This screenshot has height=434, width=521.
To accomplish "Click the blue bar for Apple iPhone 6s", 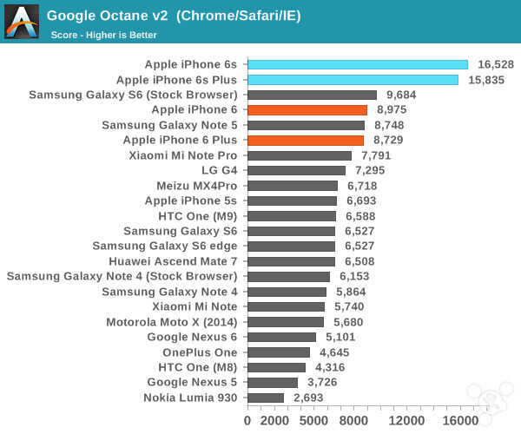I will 358,64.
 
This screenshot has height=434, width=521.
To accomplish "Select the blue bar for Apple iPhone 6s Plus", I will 353,80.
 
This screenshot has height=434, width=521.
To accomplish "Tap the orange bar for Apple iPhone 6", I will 307,110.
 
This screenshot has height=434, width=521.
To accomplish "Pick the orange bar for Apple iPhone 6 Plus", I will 306,140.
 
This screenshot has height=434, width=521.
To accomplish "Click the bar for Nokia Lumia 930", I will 266,398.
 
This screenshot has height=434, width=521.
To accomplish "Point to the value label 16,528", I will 497,64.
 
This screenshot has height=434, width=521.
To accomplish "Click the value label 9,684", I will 404,95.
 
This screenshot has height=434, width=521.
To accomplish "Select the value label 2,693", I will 311,398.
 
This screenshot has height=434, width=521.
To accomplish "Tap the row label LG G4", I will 219,170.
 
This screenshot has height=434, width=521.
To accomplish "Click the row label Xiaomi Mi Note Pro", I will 182,155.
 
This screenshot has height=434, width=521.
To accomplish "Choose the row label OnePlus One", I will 200,352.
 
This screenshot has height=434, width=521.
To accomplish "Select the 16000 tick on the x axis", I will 461,420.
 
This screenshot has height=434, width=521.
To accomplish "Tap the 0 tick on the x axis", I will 247,420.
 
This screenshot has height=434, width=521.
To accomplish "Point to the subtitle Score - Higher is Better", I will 104,35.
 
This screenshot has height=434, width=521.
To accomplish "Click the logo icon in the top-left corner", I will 21,21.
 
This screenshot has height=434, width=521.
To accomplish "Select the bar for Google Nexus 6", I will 281,337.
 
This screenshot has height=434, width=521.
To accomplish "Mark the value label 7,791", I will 379,155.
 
